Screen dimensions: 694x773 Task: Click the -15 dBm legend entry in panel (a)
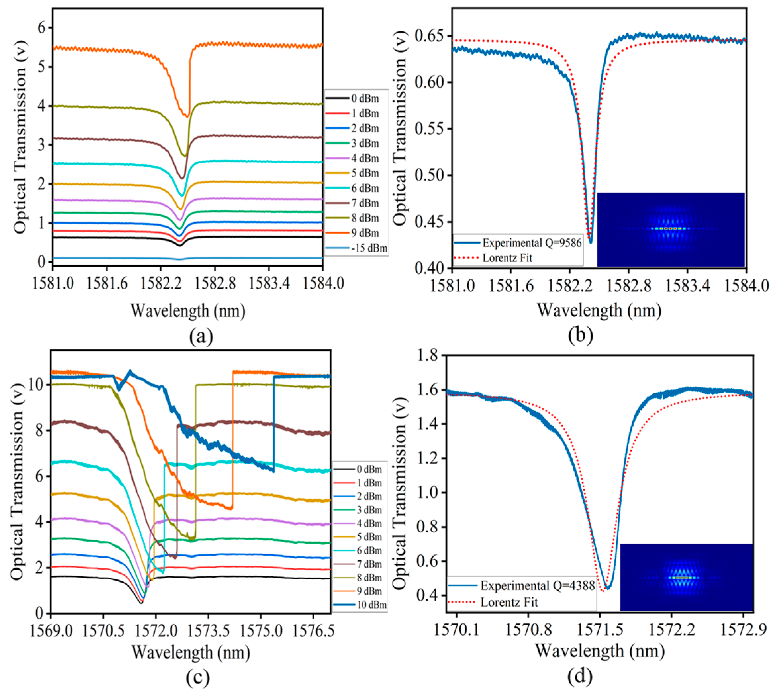(369, 248)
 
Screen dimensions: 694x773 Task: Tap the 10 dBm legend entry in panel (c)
(371, 605)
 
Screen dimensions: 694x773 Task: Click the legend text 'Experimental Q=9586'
(532, 243)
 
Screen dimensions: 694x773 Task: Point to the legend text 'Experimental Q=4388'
(537, 586)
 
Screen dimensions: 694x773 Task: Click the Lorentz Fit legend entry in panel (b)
(507, 258)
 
